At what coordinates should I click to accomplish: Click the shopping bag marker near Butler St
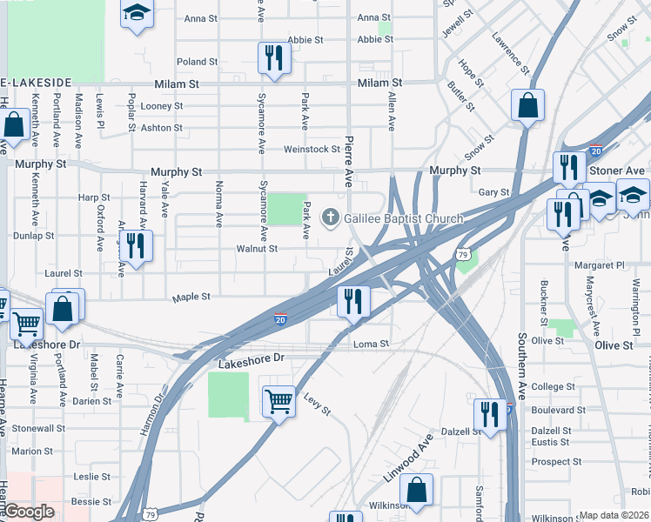coord(527,106)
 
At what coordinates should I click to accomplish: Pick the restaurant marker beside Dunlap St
coord(136,246)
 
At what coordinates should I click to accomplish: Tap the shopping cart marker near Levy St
coord(279,402)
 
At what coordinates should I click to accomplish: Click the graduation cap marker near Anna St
coord(137,14)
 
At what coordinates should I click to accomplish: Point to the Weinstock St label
coord(312,150)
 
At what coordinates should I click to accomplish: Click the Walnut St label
coord(257,249)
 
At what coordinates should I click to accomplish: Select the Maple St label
coord(191,297)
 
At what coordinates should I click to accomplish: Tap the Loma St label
coord(371,345)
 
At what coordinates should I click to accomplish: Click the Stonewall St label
coord(38,429)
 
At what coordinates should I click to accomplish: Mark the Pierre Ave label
coord(348,162)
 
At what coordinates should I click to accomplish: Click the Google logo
coord(30,512)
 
